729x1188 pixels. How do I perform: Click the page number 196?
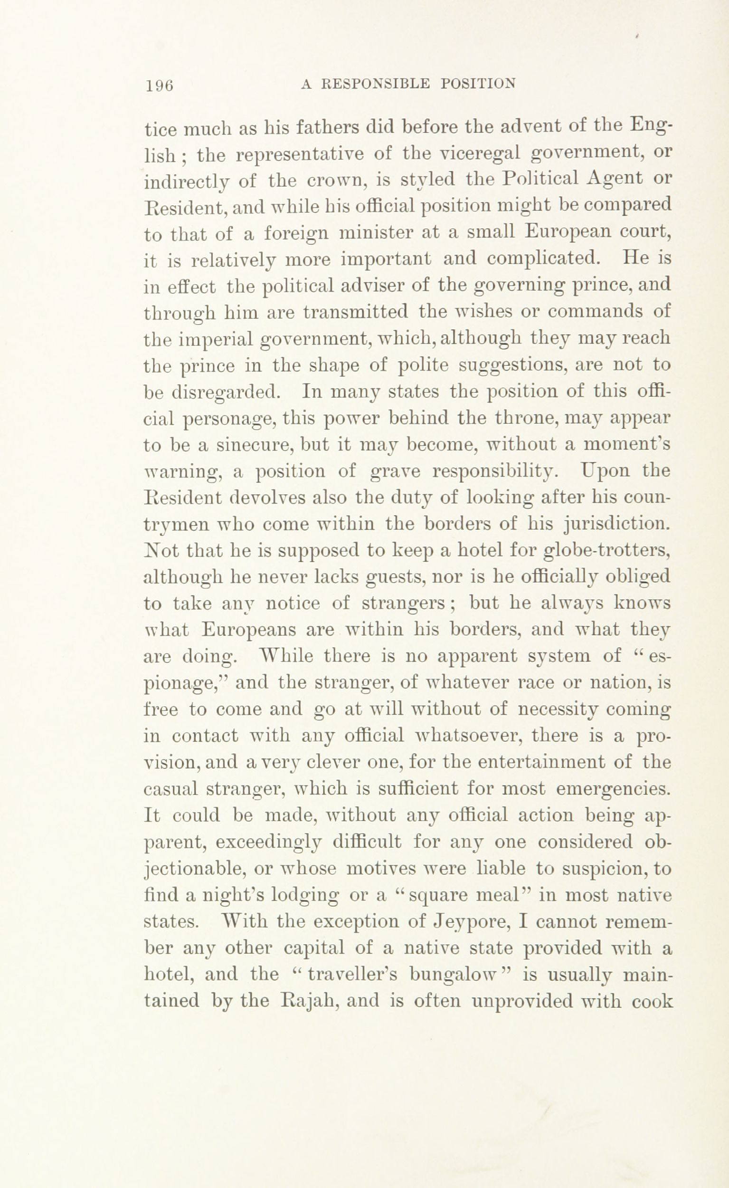tap(159, 86)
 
